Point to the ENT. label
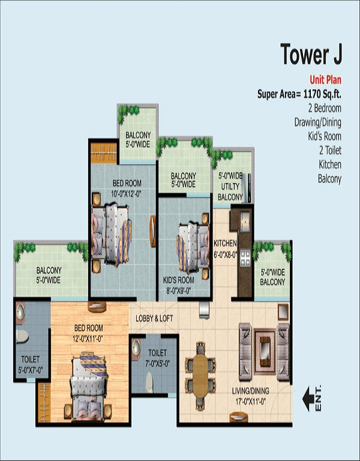click(319, 398)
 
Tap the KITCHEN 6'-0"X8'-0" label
click(226, 248)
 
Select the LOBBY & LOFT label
click(155, 318)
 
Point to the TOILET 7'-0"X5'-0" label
click(157, 357)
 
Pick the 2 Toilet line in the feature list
click(328, 150)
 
